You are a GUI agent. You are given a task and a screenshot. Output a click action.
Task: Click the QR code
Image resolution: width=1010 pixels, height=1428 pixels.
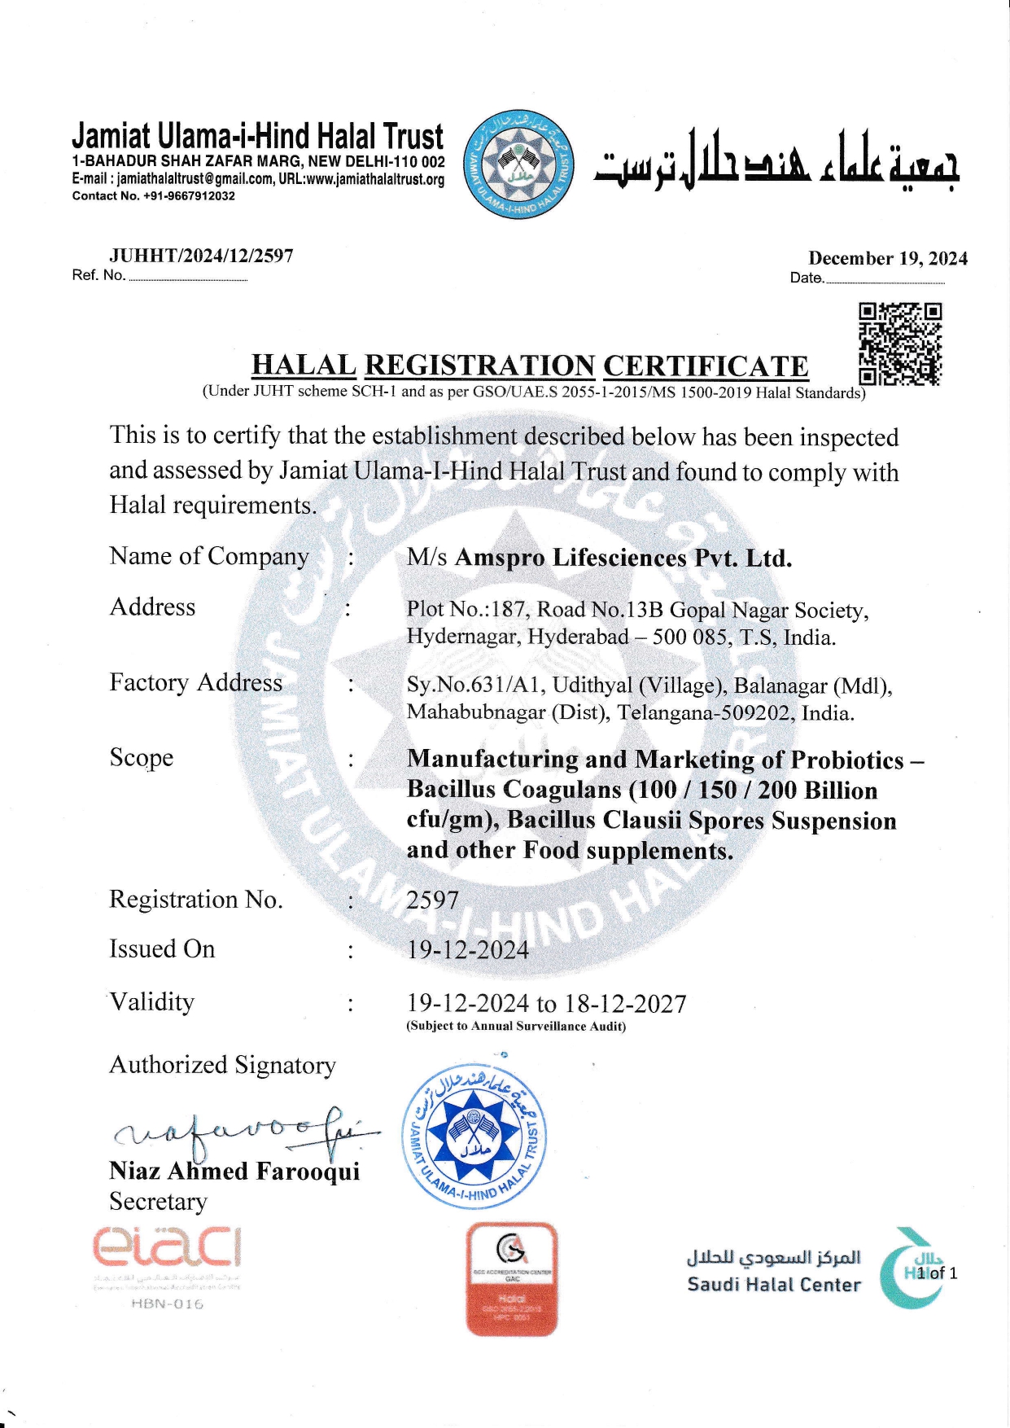tap(900, 344)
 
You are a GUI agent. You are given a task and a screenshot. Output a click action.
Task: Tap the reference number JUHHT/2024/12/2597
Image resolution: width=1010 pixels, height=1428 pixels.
tap(201, 256)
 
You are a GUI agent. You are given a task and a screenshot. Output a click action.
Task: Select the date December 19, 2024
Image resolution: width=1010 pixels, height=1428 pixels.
tap(888, 259)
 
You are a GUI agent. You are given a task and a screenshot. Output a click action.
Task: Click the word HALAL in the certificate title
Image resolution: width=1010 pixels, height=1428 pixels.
tap(304, 366)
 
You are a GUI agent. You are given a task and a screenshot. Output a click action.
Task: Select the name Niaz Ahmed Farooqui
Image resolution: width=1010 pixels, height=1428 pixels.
tap(234, 1171)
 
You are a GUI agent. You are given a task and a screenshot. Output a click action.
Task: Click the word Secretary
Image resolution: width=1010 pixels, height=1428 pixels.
tap(159, 1202)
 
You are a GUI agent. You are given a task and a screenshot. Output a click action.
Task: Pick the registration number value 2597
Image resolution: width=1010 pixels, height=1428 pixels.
tap(433, 900)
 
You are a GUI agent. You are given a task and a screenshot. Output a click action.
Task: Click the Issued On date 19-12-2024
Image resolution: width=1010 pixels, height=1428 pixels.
tap(468, 950)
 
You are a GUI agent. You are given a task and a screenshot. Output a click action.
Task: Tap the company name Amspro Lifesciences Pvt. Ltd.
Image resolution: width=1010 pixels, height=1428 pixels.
tap(623, 558)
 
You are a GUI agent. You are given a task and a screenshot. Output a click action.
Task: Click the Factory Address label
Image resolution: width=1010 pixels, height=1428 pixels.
tap(196, 682)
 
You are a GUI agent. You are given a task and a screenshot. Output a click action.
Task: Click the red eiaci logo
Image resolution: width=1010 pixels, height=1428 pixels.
tap(167, 1248)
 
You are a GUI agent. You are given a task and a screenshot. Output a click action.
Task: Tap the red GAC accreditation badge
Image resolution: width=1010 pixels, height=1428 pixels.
tap(512, 1279)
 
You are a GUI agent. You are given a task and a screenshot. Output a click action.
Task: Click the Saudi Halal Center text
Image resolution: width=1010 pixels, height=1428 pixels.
tap(773, 1285)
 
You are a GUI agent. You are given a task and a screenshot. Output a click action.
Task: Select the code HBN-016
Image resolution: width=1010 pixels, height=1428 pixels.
tap(168, 1304)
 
